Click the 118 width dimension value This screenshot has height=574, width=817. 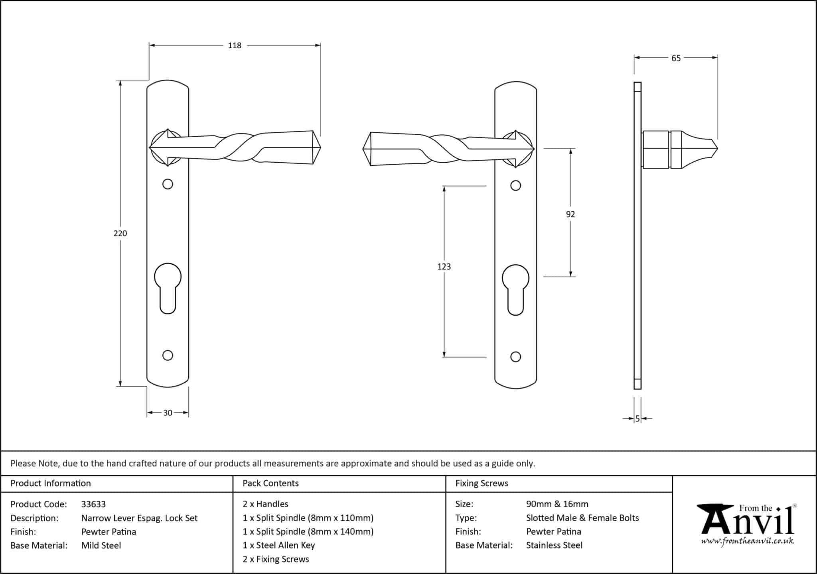click(235, 45)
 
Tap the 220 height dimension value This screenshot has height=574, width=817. click(120, 233)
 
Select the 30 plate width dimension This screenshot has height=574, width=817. click(168, 413)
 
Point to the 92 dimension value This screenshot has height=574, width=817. click(570, 214)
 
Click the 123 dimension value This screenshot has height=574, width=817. click(444, 267)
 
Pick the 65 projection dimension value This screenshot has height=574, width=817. click(676, 58)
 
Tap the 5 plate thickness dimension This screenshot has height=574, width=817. click(637, 419)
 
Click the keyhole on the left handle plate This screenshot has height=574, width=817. click(168, 288)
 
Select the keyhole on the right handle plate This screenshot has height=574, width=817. click(515, 290)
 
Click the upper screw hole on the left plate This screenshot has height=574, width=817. click(168, 184)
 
